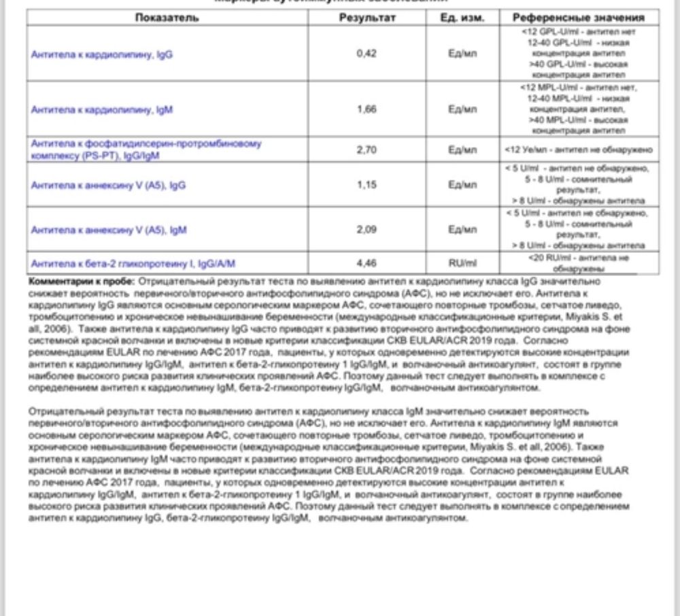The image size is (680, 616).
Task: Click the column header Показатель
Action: pos(167,18)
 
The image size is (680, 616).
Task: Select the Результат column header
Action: pos(367,18)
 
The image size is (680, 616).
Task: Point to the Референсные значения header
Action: pos(579,18)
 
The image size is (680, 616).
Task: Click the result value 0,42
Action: pos(367,54)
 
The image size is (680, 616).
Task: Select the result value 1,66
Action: pos(367,109)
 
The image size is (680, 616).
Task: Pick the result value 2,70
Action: pos(367,150)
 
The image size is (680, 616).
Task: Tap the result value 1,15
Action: pos(367,184)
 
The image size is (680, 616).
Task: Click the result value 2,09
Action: pos(367,230)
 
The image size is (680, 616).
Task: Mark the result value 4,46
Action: pos(367,263)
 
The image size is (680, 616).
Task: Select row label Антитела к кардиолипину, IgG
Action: pos(102,54)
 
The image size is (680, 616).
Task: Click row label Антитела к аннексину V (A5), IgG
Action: pos(109,185)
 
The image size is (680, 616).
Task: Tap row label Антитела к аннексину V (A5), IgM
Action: pos(109,230)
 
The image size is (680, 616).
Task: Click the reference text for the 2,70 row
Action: pos(579,150)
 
